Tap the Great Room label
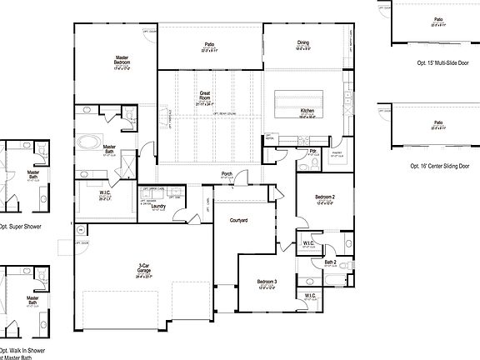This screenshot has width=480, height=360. [x=204, y=96]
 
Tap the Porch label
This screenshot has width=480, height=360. [x=227, y=174]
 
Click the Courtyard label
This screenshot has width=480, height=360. [x=241, y=220]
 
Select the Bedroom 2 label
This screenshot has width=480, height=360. [x=325, y=197]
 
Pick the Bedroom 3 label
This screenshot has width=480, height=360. [x=267, y=282]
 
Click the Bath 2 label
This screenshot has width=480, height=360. [x=331, y=262]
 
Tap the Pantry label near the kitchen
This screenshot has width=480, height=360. [x=337, y=152]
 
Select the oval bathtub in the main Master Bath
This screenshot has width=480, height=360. [x=87, y=142]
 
